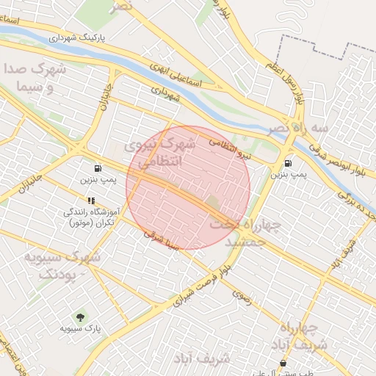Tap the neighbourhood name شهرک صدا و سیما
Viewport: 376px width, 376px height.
click(x=35, y=79)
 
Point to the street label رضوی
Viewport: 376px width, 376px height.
click(x=242, y=295)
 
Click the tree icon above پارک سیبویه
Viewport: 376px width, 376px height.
click(x=79, y=316)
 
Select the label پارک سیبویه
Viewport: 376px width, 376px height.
click(x=79, y=328)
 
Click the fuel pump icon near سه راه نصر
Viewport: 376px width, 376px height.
click(x=286, y=163)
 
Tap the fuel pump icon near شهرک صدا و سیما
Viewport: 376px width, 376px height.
click(x=96, y=167)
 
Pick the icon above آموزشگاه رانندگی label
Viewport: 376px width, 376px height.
click(x=91, y=200)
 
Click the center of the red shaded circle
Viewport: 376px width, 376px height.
click(x=188, y=187)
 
